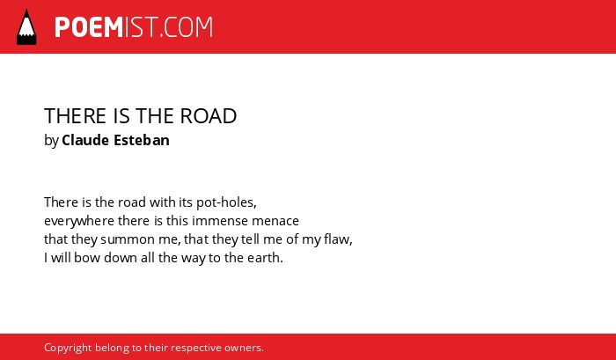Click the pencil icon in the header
(x=26, y=26)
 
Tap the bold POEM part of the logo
(x=89, y=27)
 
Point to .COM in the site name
(x=187, y=27)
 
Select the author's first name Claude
(x=85, y=140)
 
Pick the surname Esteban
(x=142, y=140)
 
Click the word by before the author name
(x=51, y=141)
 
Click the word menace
(x=275, y=221)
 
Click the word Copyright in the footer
(x=68, y=349)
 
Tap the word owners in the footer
(x=242, y=349)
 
